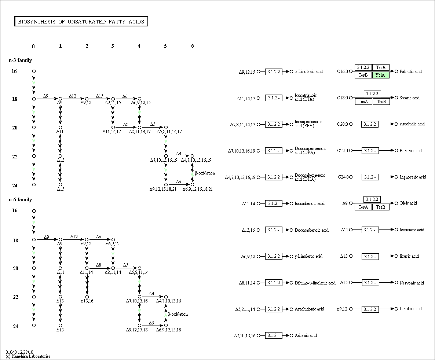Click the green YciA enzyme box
pos(381,75)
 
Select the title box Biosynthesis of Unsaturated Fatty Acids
pos(81,22)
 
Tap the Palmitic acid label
pos(411,71)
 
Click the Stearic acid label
pos(410,98)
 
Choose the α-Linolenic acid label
pos(308,71)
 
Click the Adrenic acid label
pos(306,335)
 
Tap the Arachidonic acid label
pos(309,309)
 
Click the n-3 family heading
pos(20,60)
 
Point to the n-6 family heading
pos(20,199)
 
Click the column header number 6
pos(192,46)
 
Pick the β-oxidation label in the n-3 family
pos(205,173)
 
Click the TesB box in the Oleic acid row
pos(381,207)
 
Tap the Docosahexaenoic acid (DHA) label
pos(310,177)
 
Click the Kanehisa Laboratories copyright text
pos(28,356)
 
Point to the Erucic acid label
pos(409,256)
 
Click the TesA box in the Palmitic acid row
pos(381,67)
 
